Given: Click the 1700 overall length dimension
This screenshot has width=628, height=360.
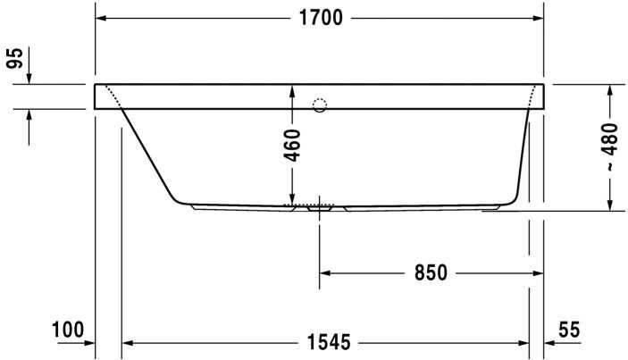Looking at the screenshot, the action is (x=322, y=18).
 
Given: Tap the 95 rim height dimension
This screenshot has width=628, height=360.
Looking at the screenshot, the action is (x=15, y=58).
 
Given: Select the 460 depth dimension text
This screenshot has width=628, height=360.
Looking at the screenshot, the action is (x=292, y=146).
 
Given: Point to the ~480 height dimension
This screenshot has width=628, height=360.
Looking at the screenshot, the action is (x=609, y=147).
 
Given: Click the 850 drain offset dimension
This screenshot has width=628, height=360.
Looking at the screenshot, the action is (x=431, y=273).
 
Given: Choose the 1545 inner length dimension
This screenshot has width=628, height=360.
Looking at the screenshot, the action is (x=329, y=342).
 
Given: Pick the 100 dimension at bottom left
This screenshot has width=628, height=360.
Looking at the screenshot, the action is (x=68, y=330).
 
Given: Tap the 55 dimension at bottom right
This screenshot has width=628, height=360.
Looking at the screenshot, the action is (x=569, y=330).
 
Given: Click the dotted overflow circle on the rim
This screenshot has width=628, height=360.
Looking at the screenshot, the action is (x=320, y=105).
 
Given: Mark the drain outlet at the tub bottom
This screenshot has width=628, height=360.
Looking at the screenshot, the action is (x=320, y=208).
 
